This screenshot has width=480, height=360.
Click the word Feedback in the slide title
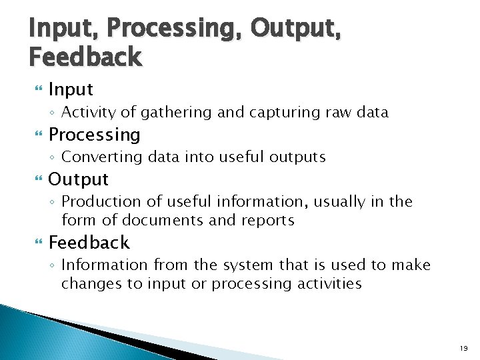pos(85,57)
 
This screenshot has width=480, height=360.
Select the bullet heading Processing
pos(95,135)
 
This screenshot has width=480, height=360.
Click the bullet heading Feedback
pos(89,242)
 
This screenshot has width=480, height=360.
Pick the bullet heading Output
pos(79,179)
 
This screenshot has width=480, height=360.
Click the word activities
pos(328,284)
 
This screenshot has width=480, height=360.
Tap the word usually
pos(348,201)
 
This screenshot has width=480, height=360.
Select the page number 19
pos(463,348)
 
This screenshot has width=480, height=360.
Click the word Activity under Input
pos(88,113)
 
